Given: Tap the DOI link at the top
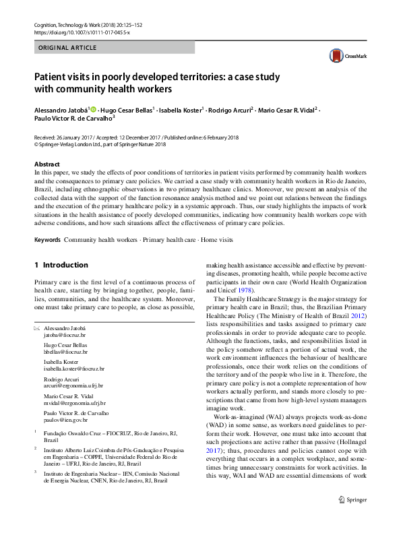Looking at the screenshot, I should (73, 32).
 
